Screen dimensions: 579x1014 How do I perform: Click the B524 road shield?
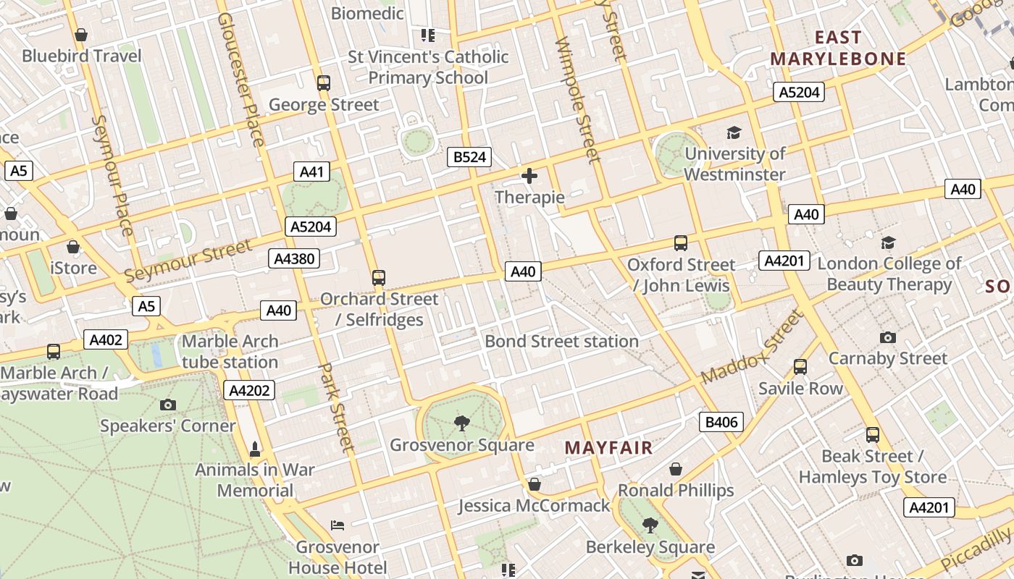coord(469,157)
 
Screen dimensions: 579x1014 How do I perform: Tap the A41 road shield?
coord(311,172)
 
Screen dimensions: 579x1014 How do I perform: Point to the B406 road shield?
coord(721,422)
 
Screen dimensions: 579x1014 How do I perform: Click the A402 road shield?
coord(106,339)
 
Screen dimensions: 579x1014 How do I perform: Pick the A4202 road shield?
coord(250,391)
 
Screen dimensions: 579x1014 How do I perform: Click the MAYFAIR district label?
coord(608,448)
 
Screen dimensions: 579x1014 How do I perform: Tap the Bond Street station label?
coord(561,341)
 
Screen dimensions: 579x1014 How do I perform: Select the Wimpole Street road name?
coord(578,100)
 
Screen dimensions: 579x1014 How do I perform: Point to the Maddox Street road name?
coord(753,347)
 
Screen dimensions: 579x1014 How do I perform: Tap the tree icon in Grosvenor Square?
coord(461,423)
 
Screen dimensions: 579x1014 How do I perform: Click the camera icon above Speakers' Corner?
coord(168,405)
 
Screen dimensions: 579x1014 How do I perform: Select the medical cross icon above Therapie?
coord(529,176)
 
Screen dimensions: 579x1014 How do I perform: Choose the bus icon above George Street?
coord(324,83)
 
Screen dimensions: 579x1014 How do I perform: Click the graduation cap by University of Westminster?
coord(734,132)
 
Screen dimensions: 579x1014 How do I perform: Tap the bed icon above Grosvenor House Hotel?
coord(338,525)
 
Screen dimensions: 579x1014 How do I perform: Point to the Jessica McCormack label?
coord(534,505)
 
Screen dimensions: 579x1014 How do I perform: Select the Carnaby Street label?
coord(887,358)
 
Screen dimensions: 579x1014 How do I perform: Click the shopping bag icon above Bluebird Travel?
coord(81,35)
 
